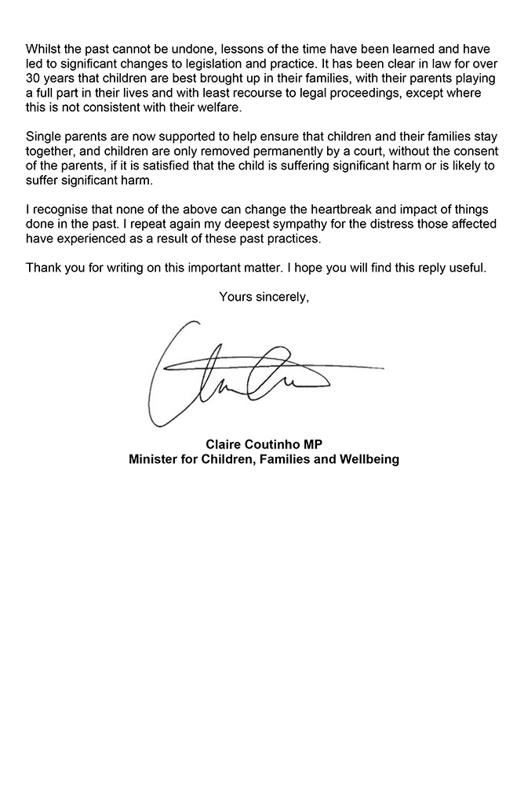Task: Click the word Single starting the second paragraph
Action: [x=44, y=137]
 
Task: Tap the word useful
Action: [x=468, y=268]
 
